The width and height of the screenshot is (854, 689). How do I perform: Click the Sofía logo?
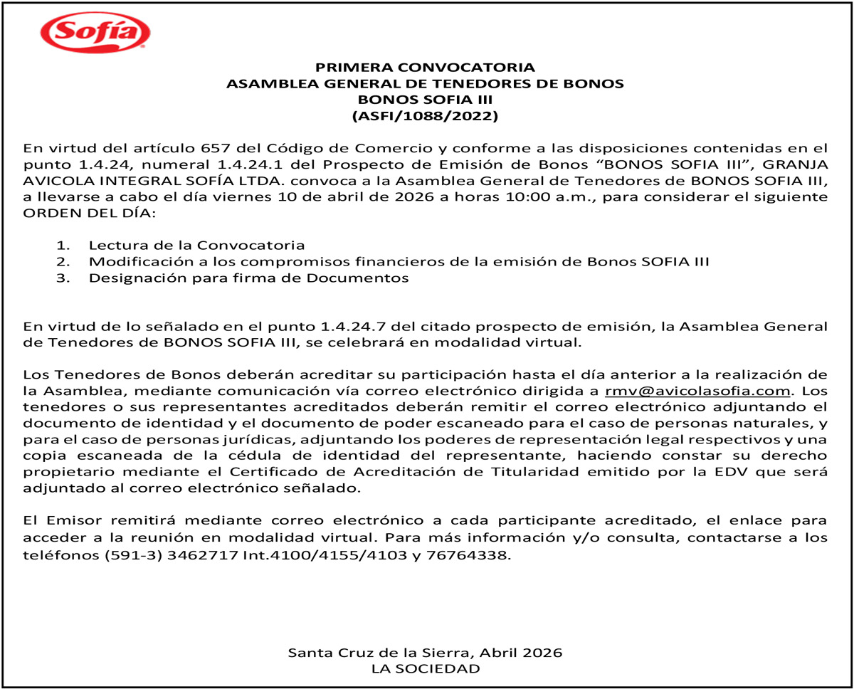[x=95, y=33]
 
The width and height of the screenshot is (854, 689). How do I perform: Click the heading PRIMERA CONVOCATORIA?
[x=425, y=68]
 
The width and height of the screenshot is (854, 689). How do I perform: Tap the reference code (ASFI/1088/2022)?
[x=425, y=115]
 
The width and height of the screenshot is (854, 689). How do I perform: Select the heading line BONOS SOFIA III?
[x=425, y=99]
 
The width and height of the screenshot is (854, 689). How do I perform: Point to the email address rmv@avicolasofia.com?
[x=698, y=391]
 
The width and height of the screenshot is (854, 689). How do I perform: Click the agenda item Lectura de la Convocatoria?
[x=196, y=246]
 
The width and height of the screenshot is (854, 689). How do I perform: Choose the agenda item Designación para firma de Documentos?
[x=248, y=278]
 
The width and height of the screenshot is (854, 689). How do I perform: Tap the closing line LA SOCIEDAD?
[x=425, y=668]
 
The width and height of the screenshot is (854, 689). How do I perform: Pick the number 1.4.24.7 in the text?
[x=364, y=327]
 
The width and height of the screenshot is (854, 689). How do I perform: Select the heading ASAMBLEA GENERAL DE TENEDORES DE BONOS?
[x=425, y=83]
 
